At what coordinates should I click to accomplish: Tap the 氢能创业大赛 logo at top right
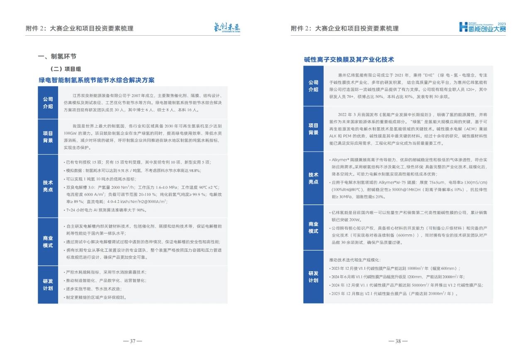482,27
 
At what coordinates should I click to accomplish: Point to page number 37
133,341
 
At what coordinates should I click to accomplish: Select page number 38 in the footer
398,341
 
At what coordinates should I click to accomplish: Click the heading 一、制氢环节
57,56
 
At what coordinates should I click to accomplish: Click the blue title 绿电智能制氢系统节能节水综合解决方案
96,80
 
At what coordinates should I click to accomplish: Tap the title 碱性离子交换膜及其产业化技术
349,60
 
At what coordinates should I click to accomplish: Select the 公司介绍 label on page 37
48,102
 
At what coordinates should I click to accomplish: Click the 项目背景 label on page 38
313,129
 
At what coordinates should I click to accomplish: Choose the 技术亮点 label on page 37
48,185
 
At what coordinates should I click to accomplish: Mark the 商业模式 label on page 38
313,227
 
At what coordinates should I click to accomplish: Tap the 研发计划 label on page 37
48,285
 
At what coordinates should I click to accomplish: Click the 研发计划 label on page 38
313,277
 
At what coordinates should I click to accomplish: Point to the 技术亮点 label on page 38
313,178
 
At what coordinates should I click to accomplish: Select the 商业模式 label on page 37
48,241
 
